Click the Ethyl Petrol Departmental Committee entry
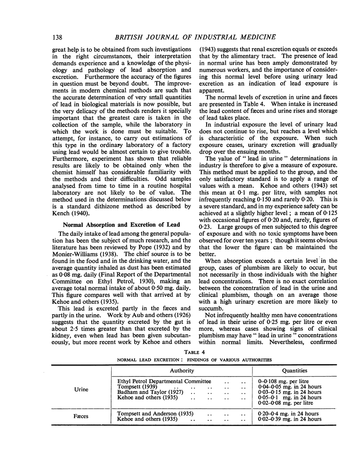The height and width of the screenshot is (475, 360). click(164, 381)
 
